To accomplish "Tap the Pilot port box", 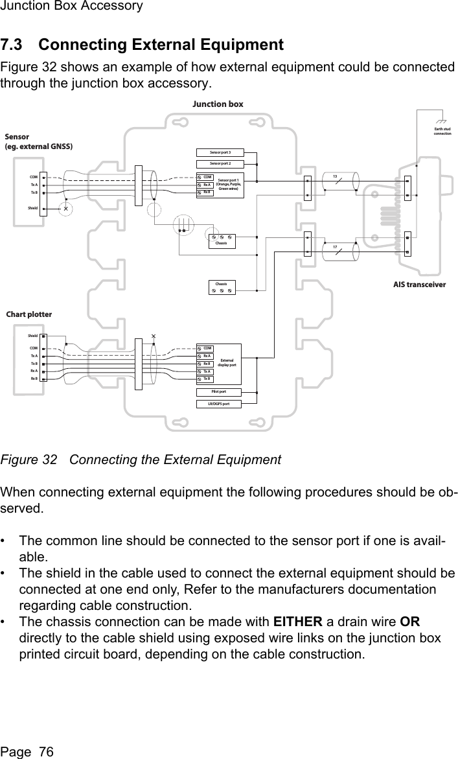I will click(x=220, y=392).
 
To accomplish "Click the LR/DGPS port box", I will click(x=220, y=404).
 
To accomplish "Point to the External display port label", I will click(x=227, y=363).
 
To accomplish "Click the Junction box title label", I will click(x=218, y=104).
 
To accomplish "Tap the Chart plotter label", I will click(x=29, y=314).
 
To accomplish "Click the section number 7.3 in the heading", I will click(x=16, y=45).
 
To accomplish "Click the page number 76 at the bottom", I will click(x=46, y=751).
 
